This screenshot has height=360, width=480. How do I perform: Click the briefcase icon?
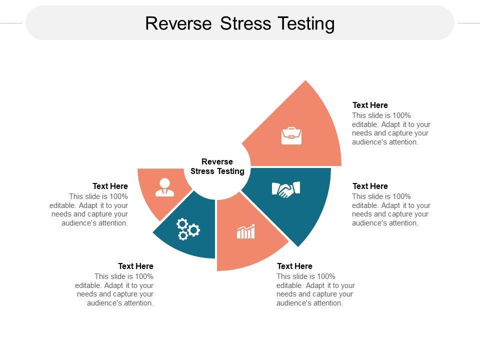pyautogui.click(x=291, y=136)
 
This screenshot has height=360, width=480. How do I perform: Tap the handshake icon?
pyautogui.click(x=285, y=189)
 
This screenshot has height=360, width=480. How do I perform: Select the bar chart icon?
pyautogui.click(x=245, y=231)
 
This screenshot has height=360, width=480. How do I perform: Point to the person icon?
pyautogui.click(x=164, y=187)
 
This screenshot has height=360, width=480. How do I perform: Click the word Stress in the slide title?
pyautogui.click(x=244, y=23)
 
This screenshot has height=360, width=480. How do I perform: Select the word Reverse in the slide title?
pyautogui.click(x=178, y=23)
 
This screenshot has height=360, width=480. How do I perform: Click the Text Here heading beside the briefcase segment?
pyautogui.click(x=370, y=105)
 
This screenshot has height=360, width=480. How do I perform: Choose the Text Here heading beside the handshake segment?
pyautogui.click(x=370, y=186)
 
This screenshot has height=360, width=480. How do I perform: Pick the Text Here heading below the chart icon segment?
pyautogui.click(x=294, y=266)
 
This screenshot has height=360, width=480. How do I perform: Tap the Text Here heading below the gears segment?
pyautogui.click(x=135, y=266)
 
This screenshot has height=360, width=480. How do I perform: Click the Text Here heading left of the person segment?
pyautogui.click(x=110, y=186)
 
